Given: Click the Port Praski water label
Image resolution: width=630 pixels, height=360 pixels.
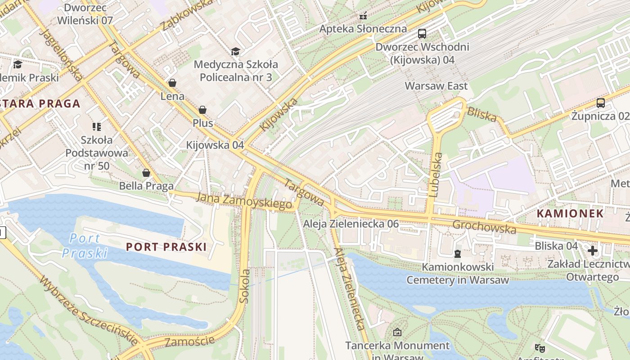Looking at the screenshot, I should [85, 246].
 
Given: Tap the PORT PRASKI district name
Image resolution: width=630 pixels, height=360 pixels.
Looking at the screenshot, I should [166, 247].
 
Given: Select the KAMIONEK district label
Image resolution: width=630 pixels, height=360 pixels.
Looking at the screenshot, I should [571, 213].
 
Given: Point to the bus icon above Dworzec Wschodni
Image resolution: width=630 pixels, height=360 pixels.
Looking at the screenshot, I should [422, 33].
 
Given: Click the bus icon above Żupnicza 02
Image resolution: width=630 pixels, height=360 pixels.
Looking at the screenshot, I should [600, 103].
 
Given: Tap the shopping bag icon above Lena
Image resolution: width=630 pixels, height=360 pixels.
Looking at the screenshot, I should [172, 83].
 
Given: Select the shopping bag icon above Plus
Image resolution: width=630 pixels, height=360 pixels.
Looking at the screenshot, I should [202, 110].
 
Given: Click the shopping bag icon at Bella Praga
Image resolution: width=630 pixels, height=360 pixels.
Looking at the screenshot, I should [146, 173].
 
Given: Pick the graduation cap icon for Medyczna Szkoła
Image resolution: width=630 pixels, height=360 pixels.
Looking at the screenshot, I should [235, 51].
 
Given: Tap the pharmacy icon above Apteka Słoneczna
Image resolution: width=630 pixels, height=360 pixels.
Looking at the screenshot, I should [363, 16].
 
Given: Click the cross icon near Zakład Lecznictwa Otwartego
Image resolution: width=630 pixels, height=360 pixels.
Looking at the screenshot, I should [592, 250].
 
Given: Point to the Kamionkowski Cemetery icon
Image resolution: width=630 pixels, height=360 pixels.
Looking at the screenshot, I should [458, 254].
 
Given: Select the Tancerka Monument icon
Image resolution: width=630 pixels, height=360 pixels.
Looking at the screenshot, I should [397, 332].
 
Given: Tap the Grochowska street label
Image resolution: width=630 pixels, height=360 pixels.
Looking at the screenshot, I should [484, 227].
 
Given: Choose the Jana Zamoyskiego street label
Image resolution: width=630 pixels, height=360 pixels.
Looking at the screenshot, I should [244, 201].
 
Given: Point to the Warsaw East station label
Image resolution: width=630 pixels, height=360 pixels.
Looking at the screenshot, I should [436, 85].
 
